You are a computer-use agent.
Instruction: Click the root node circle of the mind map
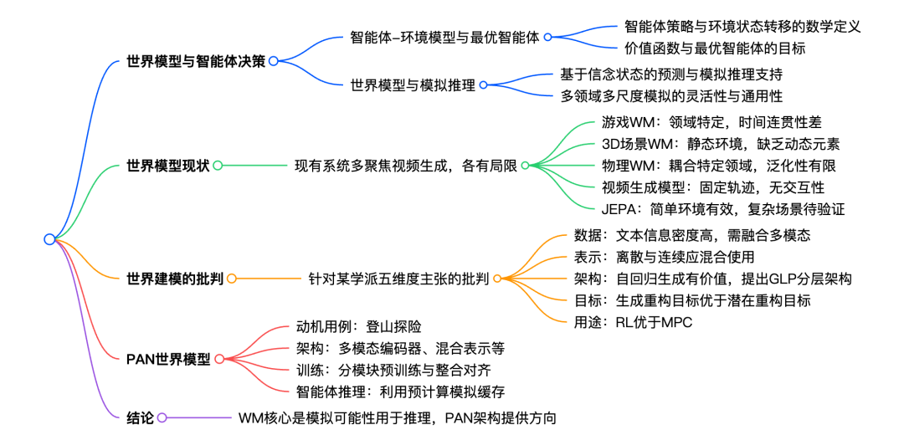[49, 239]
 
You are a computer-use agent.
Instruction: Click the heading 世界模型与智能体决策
[196, 61]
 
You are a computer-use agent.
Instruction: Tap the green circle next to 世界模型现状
[218, 166]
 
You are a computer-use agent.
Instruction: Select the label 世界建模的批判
[175, 279]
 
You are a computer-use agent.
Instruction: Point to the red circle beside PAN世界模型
[219, 360]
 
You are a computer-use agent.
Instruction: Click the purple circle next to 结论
[162, 417]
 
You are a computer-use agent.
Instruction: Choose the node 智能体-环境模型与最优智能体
[444, 38]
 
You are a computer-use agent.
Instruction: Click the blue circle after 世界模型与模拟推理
[483, 84]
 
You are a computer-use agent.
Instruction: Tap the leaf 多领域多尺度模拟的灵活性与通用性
[671, 95]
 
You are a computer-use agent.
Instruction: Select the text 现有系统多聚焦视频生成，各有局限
[406, 166]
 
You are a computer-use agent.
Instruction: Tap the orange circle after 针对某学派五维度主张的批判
[496, 279]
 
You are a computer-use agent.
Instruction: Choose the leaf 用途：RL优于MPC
[633, 323]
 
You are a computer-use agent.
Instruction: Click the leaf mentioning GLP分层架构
[712, 279]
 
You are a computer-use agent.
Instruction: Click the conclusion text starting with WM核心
[398, 417]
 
